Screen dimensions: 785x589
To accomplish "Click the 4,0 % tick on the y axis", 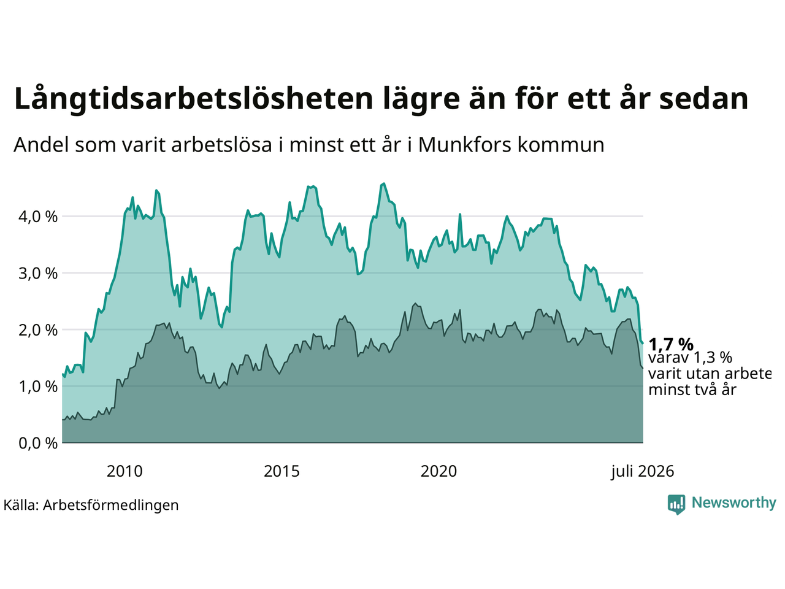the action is pyautogui.click(x=38, y=217).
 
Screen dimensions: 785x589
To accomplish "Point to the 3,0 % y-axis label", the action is pyautogui.click(x=38, y=274).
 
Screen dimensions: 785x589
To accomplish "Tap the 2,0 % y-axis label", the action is pyautogui.click(x=38, y=330).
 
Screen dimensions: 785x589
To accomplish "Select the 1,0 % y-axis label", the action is pyautogui.click(x=38, y=387).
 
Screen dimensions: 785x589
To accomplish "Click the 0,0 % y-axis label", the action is pyautogui.click(x=38, y=444).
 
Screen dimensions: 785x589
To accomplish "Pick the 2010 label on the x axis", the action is pyautogui.click(x=124, y=471).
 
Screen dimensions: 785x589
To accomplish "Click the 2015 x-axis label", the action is pyautogui.click(x=281, y=471).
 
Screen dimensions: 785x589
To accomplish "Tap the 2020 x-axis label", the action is pyautogui.click(x=438, y=471).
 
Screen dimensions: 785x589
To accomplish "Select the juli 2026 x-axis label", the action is pyautogui.click(x=642, y=472).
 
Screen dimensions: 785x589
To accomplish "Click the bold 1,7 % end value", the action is pyautogui.click(x=671, y=345).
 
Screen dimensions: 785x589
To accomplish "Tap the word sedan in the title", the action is pyautogui.click(x=703, y=98).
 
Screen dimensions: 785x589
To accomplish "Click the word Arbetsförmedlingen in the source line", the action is pyautogui.click(x=110, y=506).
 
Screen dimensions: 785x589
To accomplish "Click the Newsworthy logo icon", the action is pyautogui.click(x=676, y=504).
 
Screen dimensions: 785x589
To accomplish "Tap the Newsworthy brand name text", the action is pyautogui.click(x=734, y=503).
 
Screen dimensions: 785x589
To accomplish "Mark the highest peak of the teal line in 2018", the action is pyautogui.click(x=384, y=184).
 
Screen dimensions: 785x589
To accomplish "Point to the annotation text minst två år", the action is pyautogui.click(x=692, y=390).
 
